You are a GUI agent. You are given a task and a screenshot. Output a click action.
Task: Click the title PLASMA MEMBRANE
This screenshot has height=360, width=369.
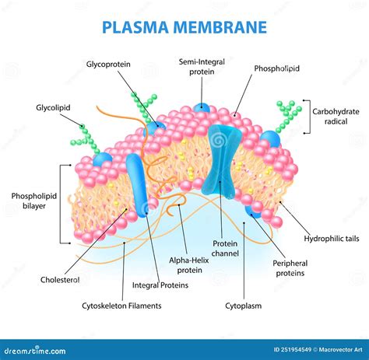pyautogui.click(x=184, y=27)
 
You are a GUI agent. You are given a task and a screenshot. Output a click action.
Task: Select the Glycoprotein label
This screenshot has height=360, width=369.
pyautogui.click(x=108, y=64)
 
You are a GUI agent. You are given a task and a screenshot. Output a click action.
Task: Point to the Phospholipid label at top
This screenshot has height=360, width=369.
pyautogui.click(x=276, y=68)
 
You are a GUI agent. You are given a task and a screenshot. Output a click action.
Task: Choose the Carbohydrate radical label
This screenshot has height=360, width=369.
pyautogui.click(x=336, y=116)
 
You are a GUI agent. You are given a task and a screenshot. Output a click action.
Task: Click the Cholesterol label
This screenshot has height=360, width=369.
pyautogui.click(x=61, y=279)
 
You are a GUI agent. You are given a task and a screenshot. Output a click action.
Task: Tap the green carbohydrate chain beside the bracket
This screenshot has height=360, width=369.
pyautogui.click(x=287, y=115)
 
